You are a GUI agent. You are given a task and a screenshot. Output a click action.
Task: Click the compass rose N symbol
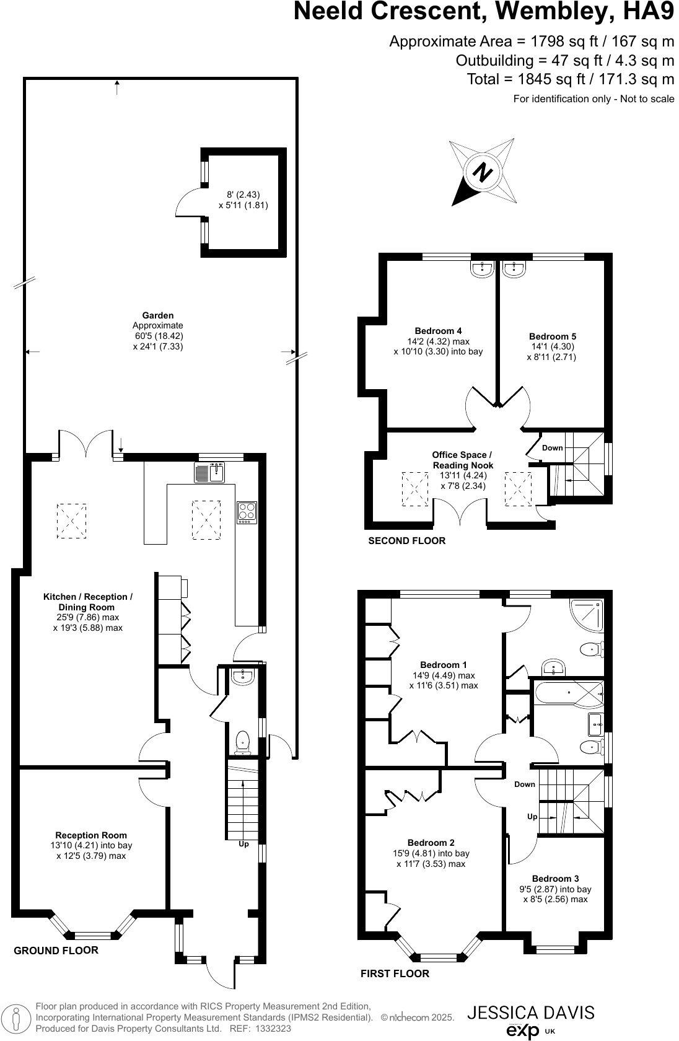483,172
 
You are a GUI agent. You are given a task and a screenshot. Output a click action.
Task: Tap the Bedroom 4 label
438,331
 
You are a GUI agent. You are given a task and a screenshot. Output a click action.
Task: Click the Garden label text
157,315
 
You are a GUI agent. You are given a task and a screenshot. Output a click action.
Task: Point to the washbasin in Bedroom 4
481,268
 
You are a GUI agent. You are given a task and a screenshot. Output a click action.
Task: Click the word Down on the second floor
553,448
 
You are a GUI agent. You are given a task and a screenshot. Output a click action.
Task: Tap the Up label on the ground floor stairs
244,844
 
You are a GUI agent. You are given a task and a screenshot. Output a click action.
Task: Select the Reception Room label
91,835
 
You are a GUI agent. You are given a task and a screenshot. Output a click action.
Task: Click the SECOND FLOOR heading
406,541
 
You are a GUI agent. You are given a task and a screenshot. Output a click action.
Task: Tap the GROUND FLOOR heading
56,951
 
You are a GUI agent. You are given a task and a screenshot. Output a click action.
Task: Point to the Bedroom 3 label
555,879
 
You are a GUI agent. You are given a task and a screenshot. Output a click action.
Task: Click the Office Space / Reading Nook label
463,460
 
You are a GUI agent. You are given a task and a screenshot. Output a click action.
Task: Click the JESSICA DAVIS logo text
530,1012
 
